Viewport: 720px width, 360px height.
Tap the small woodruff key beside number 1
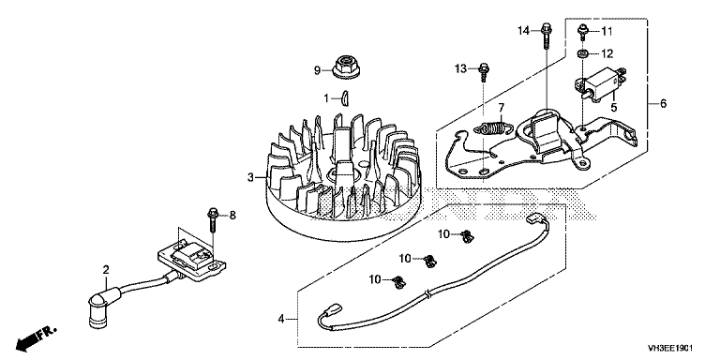pyautogui.click(x=344, y=98)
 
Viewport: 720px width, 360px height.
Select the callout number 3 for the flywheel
pyautogui.click(x=250, y=177)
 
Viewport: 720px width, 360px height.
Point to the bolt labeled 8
pyautogui.click(x=213, y=221)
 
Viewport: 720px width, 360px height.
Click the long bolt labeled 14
pyautogui.click(x=547, y=34)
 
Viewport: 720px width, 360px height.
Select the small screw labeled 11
pyautogui.click(x=582, y=32)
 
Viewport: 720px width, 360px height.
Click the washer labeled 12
pyautogui.click(x=583, y=54)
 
